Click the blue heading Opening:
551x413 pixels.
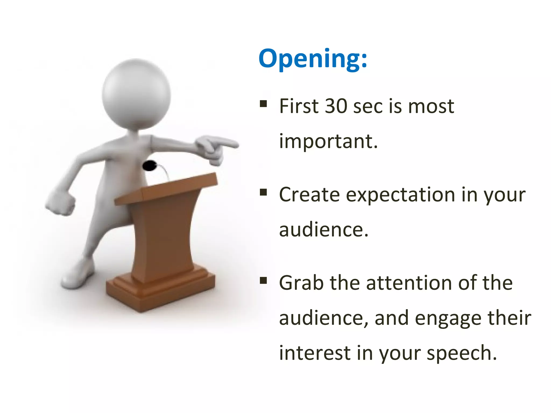pyautogui.click(x=313, y=59)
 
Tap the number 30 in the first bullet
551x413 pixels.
pyautogui.click(x=336, y=106)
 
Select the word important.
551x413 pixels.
pyautogui.click(x=328, y=141)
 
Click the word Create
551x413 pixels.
pyautogui.click(x=309, y=194)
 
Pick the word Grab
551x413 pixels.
pyautogui.click(x=301, y=283)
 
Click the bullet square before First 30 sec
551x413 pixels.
pyautogui.click(x=263, y=104)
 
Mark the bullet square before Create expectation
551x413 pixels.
pyautogui.click(x=263, y=192)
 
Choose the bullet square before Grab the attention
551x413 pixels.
pyautogui.click(x=263, y=281)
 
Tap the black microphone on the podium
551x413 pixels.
pyautogui.click(x=150, y=166)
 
